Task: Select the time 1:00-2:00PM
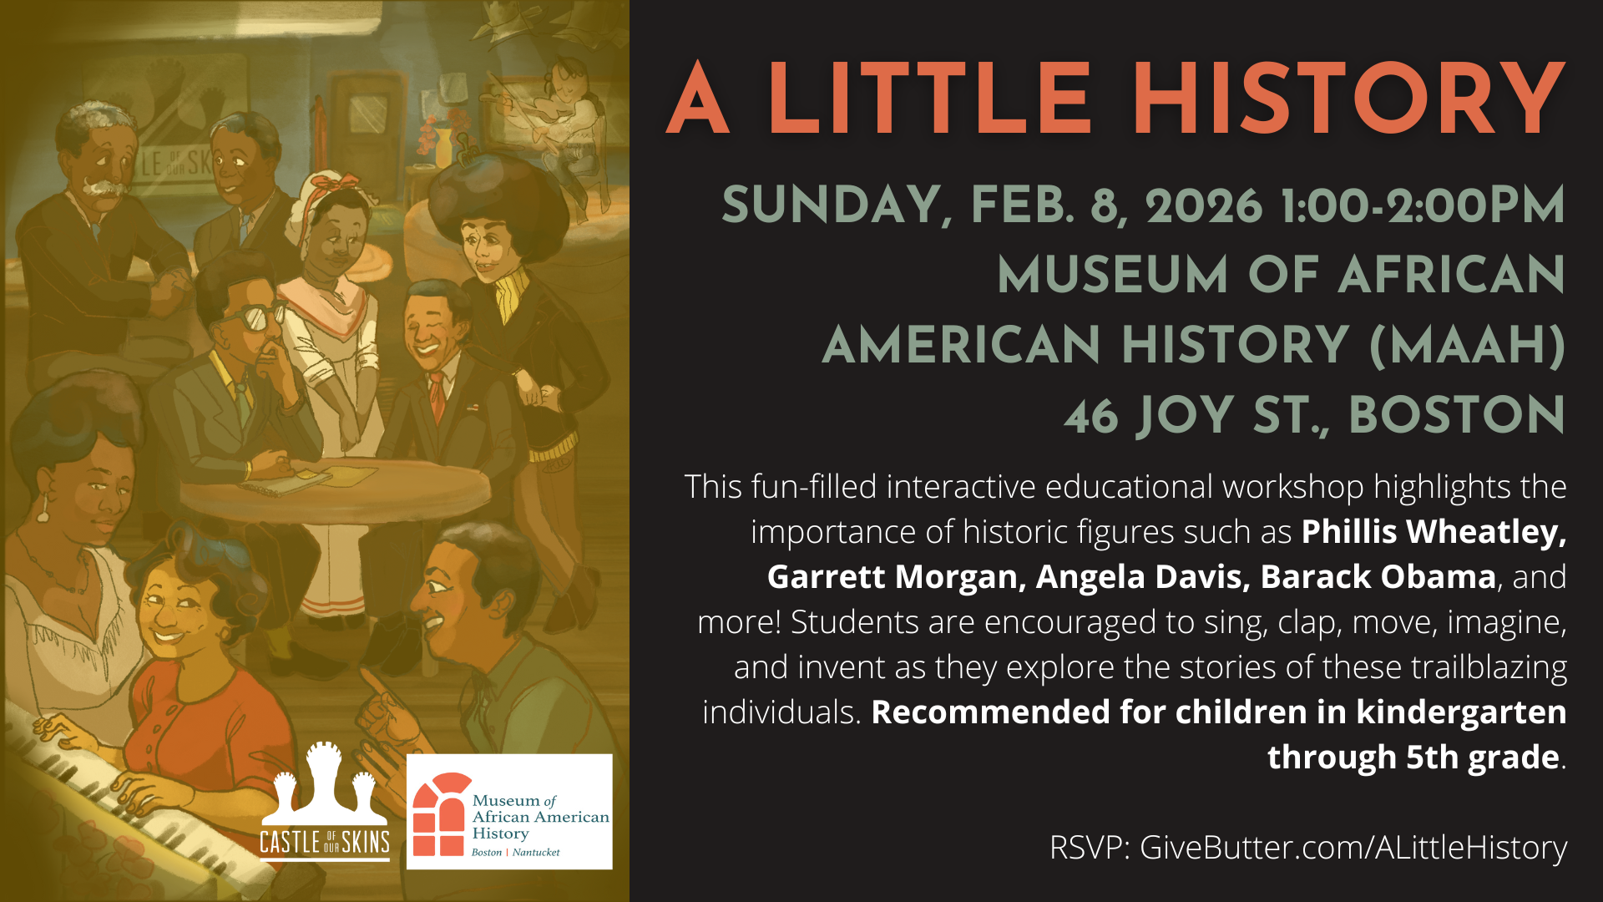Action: [1422, 206]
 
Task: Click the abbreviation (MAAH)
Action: [1467, 345]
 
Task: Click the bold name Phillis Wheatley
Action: [1433, 532]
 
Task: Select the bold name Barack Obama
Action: [1378, 577]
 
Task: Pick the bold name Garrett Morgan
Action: [892, 577]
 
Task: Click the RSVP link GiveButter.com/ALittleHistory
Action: [1353, 847]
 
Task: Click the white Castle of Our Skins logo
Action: [325, 802]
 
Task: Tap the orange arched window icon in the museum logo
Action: [439, 814]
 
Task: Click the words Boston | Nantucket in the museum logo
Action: [515, 853]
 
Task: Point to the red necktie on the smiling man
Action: [437, 396]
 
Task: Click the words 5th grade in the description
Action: [1482, 758]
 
